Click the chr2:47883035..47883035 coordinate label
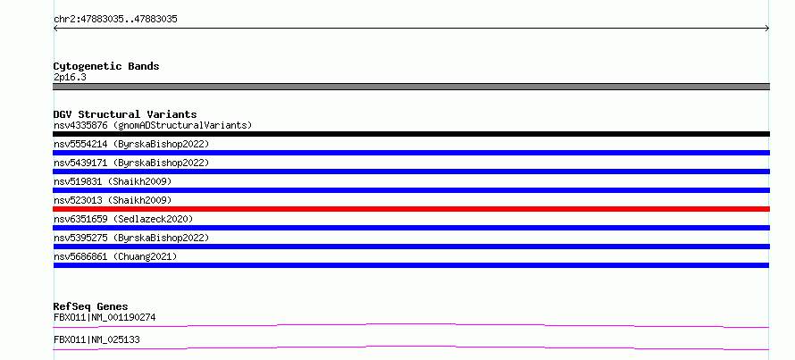coord(115,20)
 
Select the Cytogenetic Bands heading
coord(106,66)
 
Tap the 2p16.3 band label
coord(70,78)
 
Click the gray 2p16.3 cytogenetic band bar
coord(411,87)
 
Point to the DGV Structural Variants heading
coord(125,114)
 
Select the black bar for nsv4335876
coord(411,134)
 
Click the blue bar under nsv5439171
coord(411,172)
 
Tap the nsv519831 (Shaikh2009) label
coord(113,181)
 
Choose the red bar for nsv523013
coord(411,209)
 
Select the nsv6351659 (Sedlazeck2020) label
coord(123,219)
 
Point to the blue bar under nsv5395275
coord(411,247)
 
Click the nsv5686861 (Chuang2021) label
coord(115,257)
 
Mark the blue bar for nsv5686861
coord(411,265)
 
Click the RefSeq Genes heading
coord(91,306)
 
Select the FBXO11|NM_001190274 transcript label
coord(105,318)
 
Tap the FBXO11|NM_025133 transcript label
coord(96,339)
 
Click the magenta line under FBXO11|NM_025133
coord(411,347)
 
